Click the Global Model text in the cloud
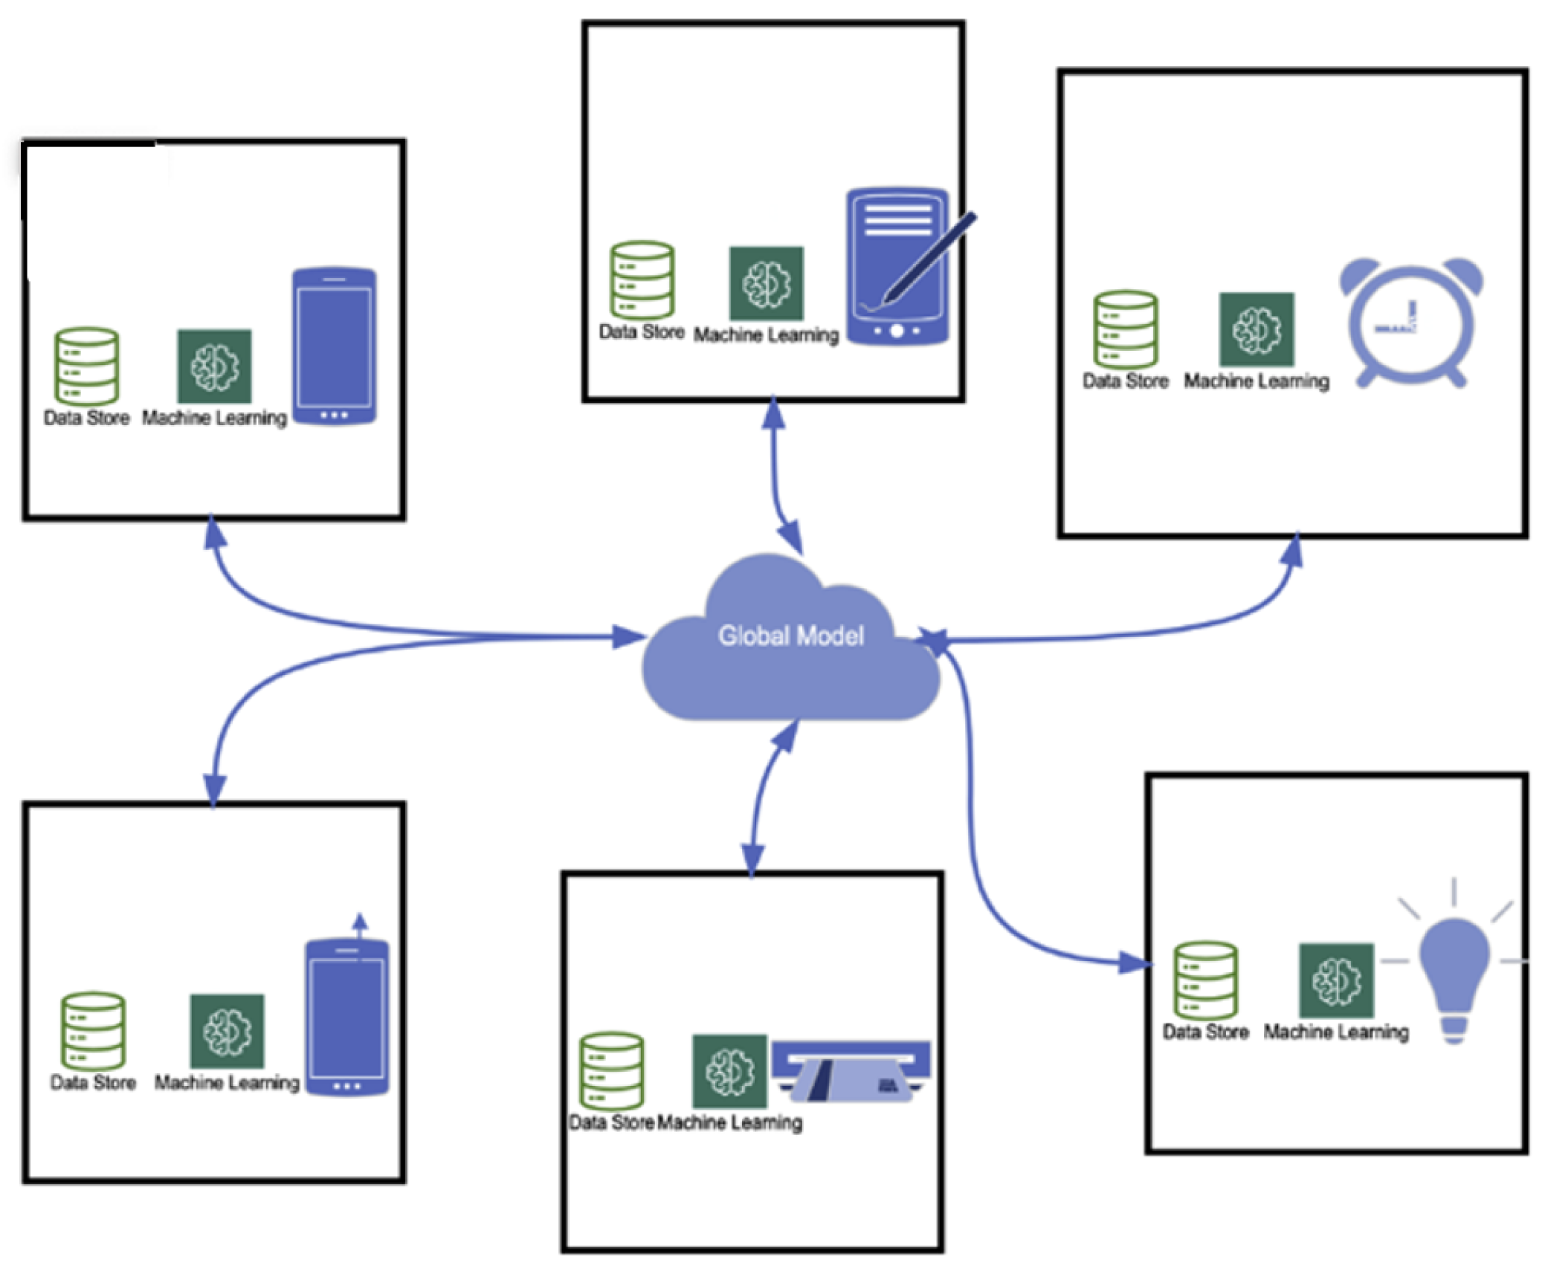790,636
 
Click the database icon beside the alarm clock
1125,329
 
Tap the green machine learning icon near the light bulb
1335,980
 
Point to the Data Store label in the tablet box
641,332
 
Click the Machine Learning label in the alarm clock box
1256,381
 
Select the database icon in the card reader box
611,1070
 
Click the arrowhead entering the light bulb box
1135,963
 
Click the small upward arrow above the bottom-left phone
360,922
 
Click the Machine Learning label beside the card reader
729,1122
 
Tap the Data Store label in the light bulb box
1204,1032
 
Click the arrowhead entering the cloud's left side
626,636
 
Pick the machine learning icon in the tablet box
766,283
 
